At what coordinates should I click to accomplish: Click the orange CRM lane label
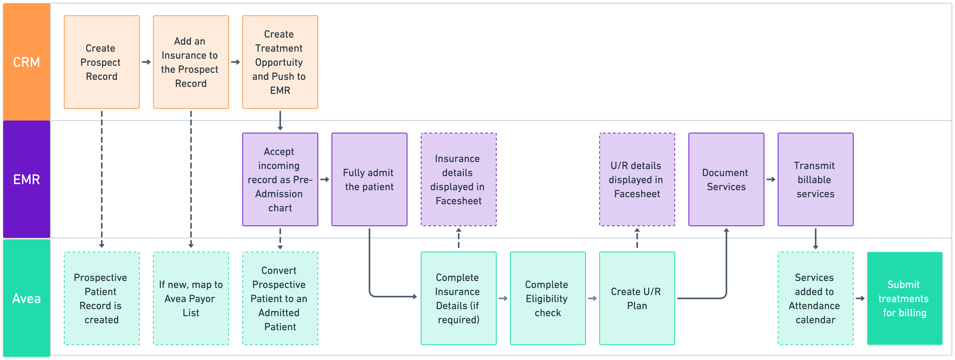(26, 62)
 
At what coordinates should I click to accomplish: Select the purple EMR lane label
(26, 179)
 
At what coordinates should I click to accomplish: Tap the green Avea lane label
(26, 298)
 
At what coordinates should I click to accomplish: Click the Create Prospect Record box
(102, 62)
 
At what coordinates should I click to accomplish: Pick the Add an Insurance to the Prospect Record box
(191, 62)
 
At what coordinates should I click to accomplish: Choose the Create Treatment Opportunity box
(280, 62)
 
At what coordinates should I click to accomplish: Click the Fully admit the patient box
(369, 179)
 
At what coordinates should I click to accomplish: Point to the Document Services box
(726, 179)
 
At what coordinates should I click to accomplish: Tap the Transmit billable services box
(815, 179)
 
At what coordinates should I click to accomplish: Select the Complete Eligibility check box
(548, 298)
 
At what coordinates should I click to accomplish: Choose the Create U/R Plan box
(637, 298)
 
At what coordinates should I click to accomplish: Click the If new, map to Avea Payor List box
(191, 298)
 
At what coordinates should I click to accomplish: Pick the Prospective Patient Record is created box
(102, 298)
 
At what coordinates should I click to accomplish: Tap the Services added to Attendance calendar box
(815, 298)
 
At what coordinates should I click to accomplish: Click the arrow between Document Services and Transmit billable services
(771, 179)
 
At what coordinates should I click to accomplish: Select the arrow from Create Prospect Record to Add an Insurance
(146, 62)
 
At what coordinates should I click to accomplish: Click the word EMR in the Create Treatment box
(280, 90)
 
